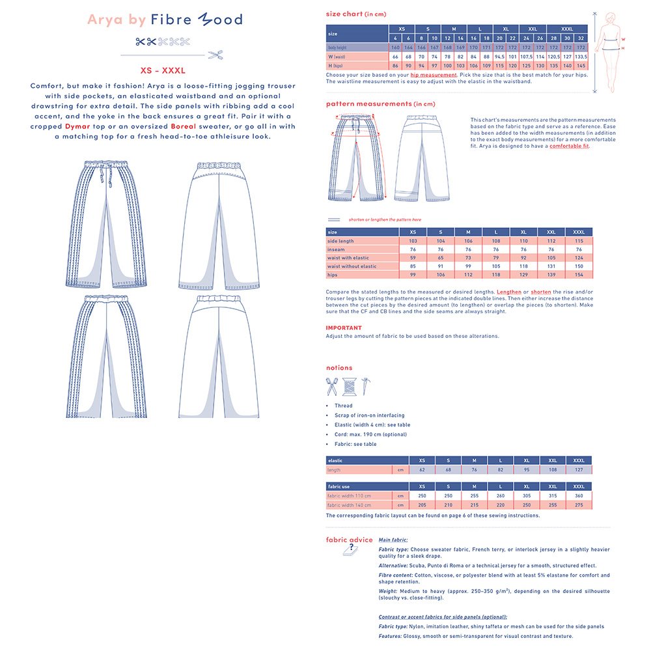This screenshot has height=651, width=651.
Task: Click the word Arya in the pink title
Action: click(104, 20)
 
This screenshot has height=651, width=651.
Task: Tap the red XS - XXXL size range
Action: click(163, 70)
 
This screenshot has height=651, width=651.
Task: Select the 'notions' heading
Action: click(339, 368)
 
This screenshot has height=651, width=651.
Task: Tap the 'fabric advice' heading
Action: click(350, 540)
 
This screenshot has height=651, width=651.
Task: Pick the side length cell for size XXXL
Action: click(578, 241)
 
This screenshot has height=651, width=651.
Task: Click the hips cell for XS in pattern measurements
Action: click(413, 275)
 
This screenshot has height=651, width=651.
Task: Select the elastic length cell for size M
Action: click(474, 469)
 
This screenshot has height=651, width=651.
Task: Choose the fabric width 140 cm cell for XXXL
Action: click(578, 505)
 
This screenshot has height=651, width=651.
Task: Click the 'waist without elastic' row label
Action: click(352, 266)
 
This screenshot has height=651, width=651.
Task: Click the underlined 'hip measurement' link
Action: click(434, 75)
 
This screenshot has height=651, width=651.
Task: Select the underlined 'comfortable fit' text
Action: click(570, 146)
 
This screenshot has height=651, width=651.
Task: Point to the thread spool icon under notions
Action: click(349, 387)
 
